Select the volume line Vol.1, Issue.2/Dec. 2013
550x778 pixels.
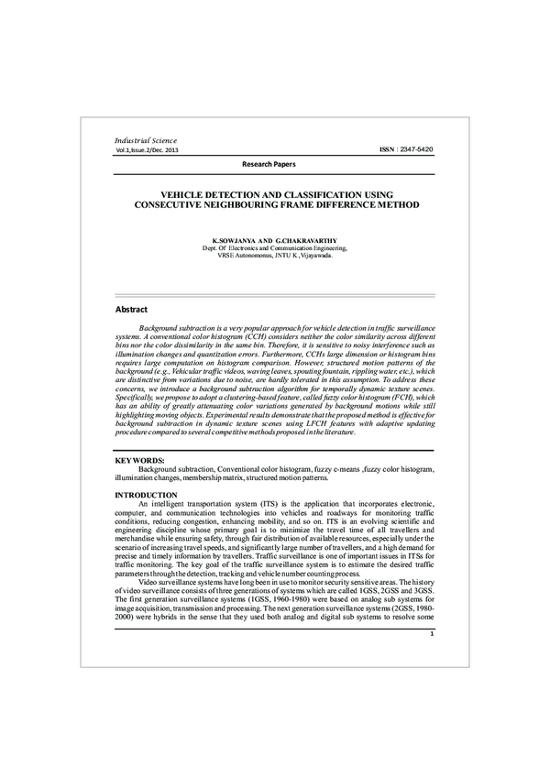[147, 148]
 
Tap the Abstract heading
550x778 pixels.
[131, 310]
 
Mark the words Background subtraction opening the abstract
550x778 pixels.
[174, 327]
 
